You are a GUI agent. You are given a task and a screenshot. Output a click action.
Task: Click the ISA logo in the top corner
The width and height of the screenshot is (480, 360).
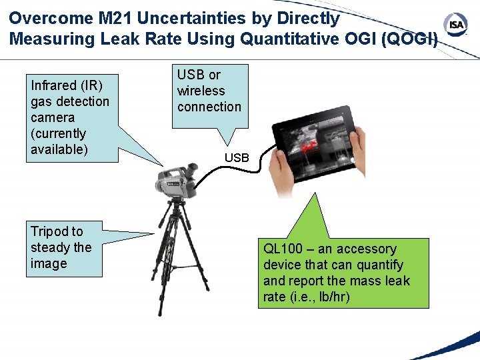pos(457,25)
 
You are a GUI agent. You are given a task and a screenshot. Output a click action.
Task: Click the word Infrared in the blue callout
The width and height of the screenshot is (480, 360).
pos(54,85)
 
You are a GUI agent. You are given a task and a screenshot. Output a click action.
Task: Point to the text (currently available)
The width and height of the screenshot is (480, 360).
pos(59,141)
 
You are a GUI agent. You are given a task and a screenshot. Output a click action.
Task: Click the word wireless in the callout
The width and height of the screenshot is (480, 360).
pos(201,91)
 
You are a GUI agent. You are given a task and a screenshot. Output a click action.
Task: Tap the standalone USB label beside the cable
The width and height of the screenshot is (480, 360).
pos(237,158)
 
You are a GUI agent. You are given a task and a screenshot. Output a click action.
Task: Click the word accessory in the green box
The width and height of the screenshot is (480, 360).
pos(366,249)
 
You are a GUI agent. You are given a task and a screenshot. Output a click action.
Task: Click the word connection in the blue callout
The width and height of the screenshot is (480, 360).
pos(209,107)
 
